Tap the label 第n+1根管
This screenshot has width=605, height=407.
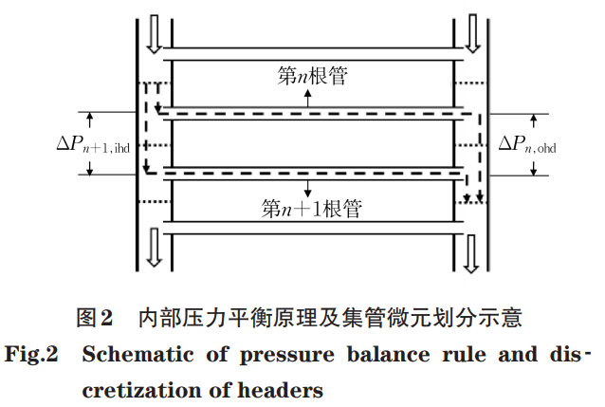pyautogui.click(x=312, y=206)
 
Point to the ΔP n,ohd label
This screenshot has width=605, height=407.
pyautogui.click(x=525, y=143)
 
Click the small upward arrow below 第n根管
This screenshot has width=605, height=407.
pyautogui.click(x=307, y=98)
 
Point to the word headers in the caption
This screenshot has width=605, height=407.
pyautogui.click(x=284, y=389)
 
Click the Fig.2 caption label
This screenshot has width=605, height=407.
pyautogui.click(x=32, y=357)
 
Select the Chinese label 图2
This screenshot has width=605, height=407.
pyautogui.click(x=96, y=317)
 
